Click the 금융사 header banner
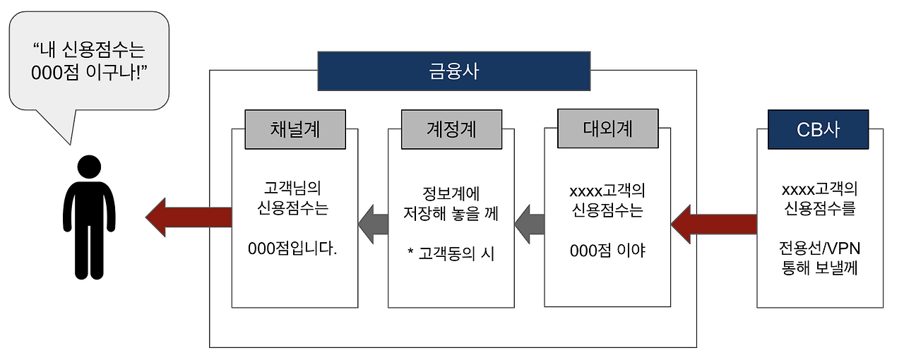coord(453,71)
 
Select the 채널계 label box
coord(295,129)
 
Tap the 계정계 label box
coord(451,129)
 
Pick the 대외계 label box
coord(607,129)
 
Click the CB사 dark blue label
coord(818,129)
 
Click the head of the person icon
coord(88,167)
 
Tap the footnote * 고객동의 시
coord(451,254)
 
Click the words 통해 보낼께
coord(819,268)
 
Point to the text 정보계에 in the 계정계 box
coord(451,193)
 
